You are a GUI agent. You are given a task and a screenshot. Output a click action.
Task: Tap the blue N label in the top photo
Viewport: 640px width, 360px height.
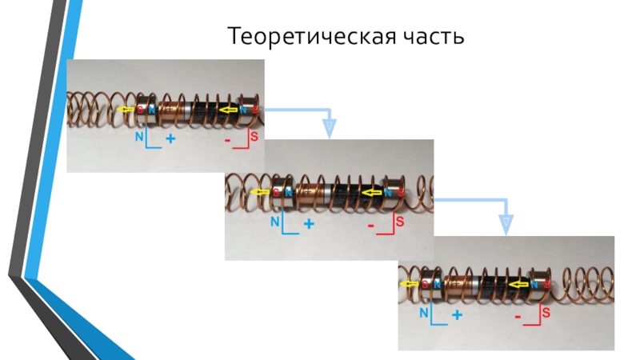pyautogui.click(x=140, y=137)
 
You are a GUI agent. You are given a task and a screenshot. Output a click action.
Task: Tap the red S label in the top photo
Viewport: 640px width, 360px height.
pyautogui.click(x=254, y=137)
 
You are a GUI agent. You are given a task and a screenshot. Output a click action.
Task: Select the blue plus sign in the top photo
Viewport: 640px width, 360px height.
pyautogui.click(x=170, y=139)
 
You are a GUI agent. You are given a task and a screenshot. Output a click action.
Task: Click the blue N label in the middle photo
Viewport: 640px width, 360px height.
pyautogui.click(x=276, y=220)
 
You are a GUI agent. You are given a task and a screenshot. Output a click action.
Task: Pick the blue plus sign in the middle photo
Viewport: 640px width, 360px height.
pyautogui.click(x=309, y=225)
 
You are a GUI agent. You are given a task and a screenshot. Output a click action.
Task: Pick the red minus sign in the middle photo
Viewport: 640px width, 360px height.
pyautogui.click(x=371, y=226)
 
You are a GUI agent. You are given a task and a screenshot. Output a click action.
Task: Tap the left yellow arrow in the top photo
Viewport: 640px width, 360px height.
pyautogui.click(x=123, y=110)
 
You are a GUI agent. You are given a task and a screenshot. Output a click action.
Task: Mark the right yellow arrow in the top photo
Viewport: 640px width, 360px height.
pyautogui.click(x=231, y=110)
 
